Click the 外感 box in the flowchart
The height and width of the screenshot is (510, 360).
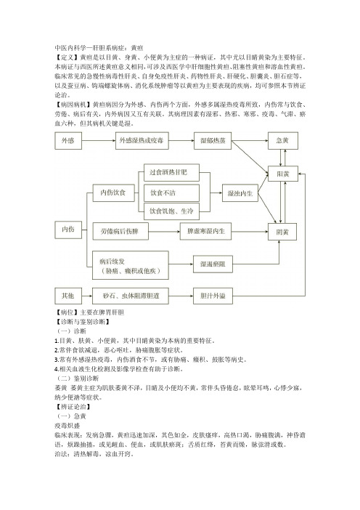[68, 140]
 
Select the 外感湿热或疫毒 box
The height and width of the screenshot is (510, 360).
[142, 140]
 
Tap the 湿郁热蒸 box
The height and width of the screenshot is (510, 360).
[213, 140]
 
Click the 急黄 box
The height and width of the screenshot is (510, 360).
[282, 140]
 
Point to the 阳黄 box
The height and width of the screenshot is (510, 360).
[282, 174]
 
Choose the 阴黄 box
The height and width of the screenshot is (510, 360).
[282, 232]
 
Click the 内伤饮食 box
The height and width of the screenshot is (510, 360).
[114, 193]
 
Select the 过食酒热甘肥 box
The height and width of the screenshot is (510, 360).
[171, 172]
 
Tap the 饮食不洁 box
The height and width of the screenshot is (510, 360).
[171, 193]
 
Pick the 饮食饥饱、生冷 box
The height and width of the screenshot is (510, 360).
[171, 211]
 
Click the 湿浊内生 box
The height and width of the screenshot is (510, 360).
[240, 193]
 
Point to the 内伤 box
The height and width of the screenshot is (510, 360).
[68, 230]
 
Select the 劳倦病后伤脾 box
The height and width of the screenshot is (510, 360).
[120, 231]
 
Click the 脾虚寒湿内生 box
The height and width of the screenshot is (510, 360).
[205, 231]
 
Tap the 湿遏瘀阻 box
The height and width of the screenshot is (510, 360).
[213, 264]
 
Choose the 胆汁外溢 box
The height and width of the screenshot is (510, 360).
[213, 296]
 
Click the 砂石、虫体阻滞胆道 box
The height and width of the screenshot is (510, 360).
[131, 296]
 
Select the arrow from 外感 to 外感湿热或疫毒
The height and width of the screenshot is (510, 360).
[99, 140]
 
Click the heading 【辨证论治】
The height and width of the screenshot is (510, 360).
[73, 407]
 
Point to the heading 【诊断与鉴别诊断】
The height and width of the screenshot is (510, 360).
[82, 322]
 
